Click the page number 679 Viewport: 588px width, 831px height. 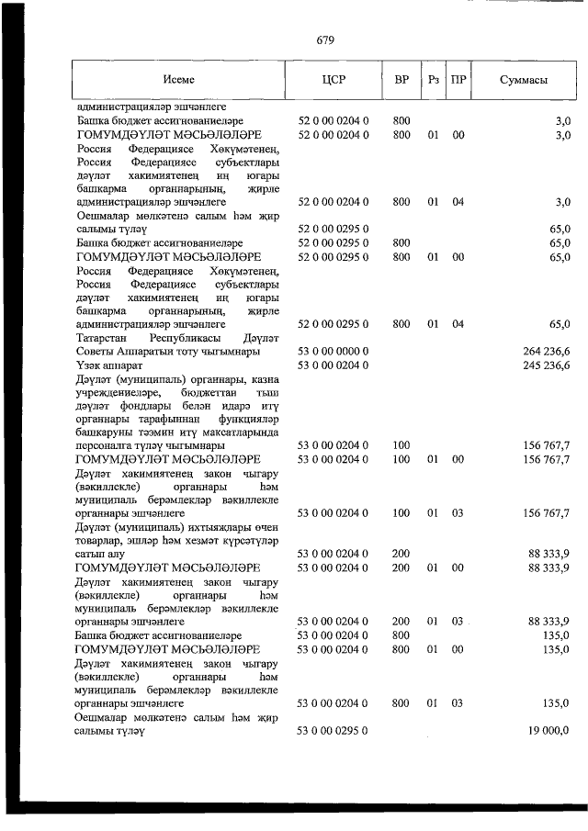[324, 40]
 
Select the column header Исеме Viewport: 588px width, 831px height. [179, 80]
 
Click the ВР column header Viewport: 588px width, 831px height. [401, 80]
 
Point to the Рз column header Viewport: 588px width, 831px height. [435, 80]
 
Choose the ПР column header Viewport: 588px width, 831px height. [459, 80]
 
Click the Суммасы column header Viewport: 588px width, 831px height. [523, 80]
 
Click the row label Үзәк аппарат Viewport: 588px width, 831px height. [111, 365]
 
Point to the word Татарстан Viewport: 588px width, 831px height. [105, 338]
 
